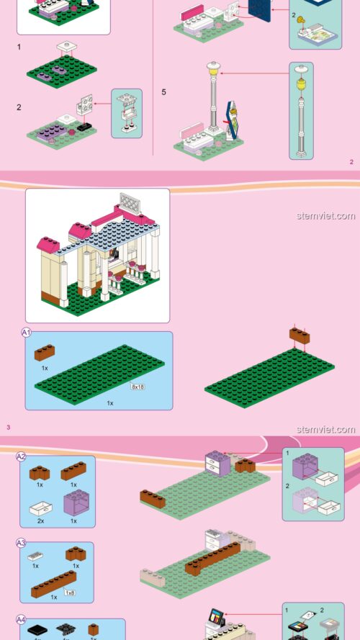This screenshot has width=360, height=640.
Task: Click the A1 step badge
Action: (x=27, y=333)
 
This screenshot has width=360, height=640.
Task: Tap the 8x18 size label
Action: (x=138, y=387)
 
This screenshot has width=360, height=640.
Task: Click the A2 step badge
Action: (x=22, y=456)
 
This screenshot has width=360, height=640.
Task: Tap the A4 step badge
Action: (x=22, y=618)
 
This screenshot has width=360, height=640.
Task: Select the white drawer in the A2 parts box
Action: (x=40, y=508)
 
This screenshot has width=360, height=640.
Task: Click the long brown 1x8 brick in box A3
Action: (x=53, y=584)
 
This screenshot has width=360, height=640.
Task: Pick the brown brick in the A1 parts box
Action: (x=44, y=352)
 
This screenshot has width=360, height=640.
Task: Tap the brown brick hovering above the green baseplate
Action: (x=300, y=335)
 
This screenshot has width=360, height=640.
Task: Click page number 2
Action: (x=351, y=162)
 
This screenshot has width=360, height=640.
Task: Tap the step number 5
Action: (x=163, y=92)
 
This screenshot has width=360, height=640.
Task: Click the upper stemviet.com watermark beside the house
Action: (x=325, y=216)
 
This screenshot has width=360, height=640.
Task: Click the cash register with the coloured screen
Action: (x=215, y=618)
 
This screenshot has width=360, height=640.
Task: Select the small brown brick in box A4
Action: (x=93, y=630)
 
